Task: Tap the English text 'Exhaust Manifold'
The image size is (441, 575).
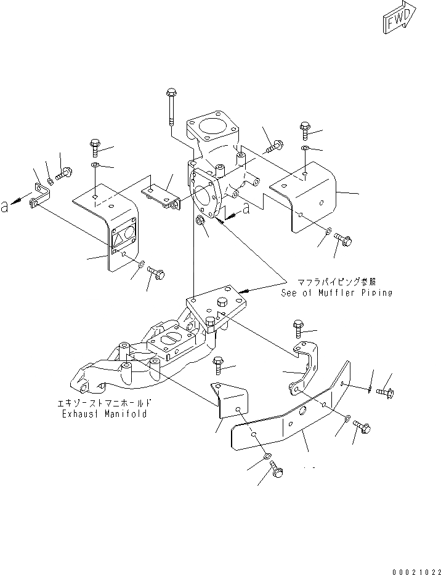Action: [104, 414]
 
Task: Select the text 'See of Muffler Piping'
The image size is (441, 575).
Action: [336, 293]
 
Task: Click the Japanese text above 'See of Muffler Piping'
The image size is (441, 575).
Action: [336, 282]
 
